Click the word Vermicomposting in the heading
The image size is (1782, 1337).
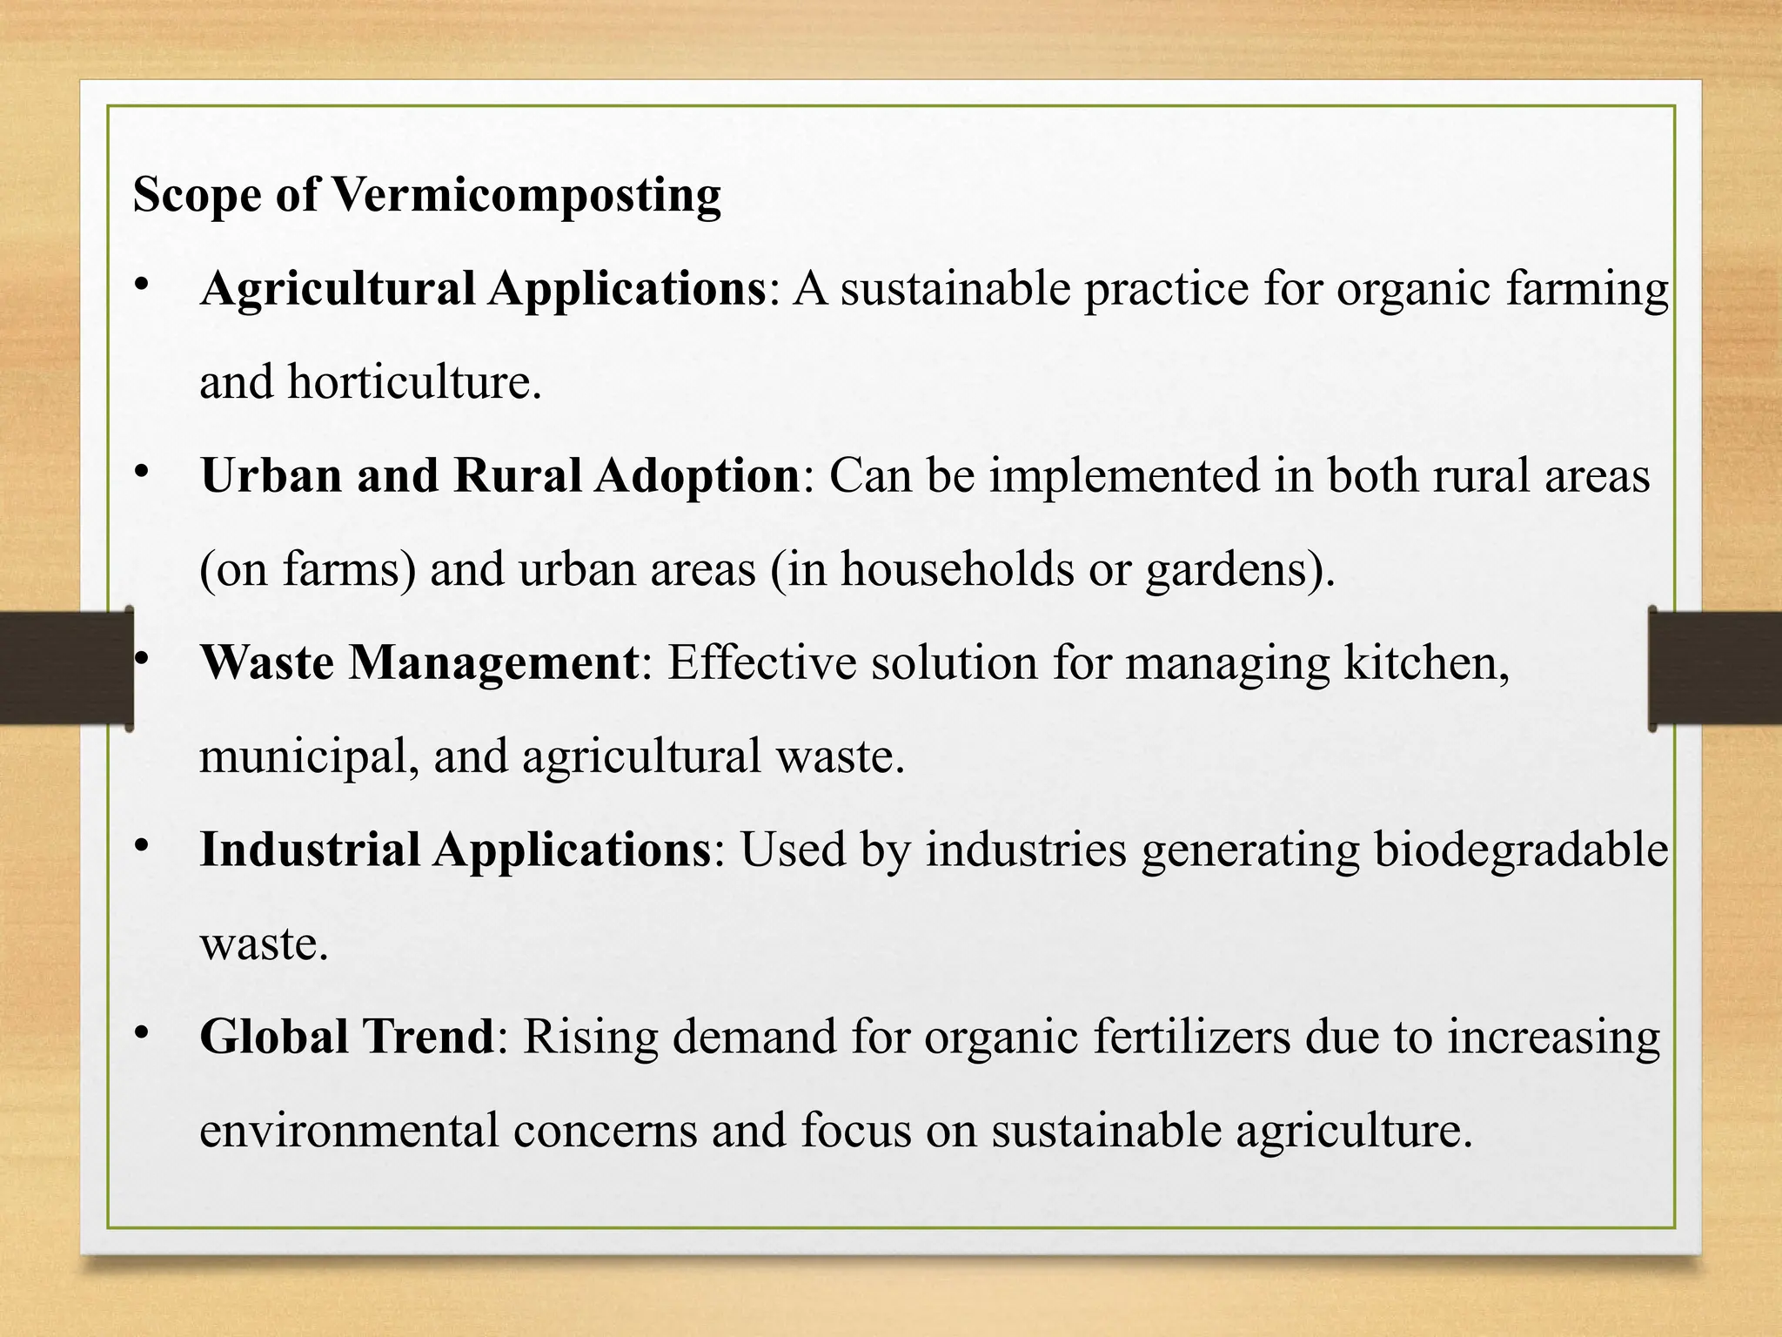tap(526, 194)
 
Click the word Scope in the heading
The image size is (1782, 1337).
tap(197, 194)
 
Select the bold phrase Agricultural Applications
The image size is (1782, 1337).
tap(483, 288)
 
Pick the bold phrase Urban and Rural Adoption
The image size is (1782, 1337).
tap(499, 476)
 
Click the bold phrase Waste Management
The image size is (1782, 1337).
tap(419, 662)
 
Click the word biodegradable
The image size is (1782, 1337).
tap(1521, 850)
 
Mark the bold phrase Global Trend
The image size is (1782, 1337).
tap(347, 1037)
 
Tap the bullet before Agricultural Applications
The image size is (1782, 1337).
tap(143, 284)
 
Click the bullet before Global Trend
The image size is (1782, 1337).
tap(143, 1033)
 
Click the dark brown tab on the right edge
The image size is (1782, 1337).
tap(1714, 668)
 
